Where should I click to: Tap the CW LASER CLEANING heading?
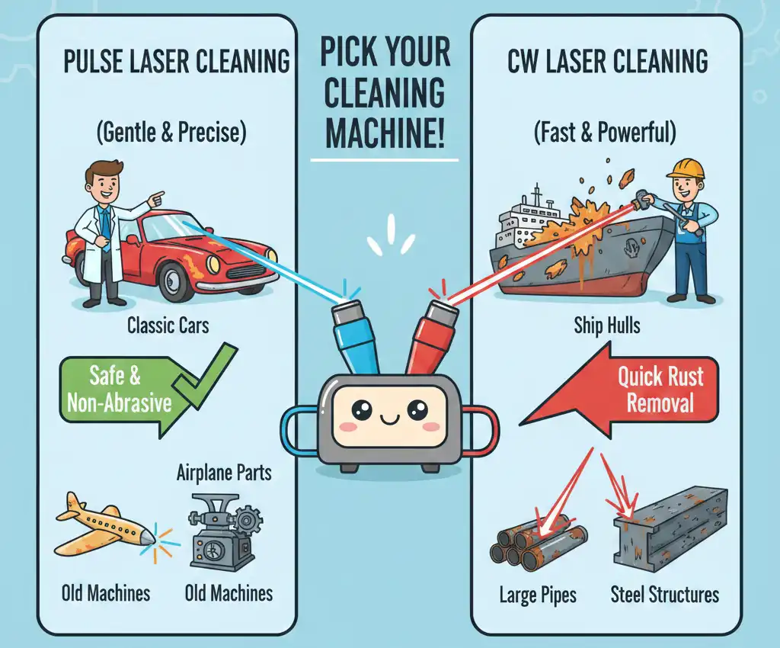coord(607,60)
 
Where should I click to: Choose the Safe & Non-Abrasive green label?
coord(118,389)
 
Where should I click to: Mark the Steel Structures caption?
coord(665,594)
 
